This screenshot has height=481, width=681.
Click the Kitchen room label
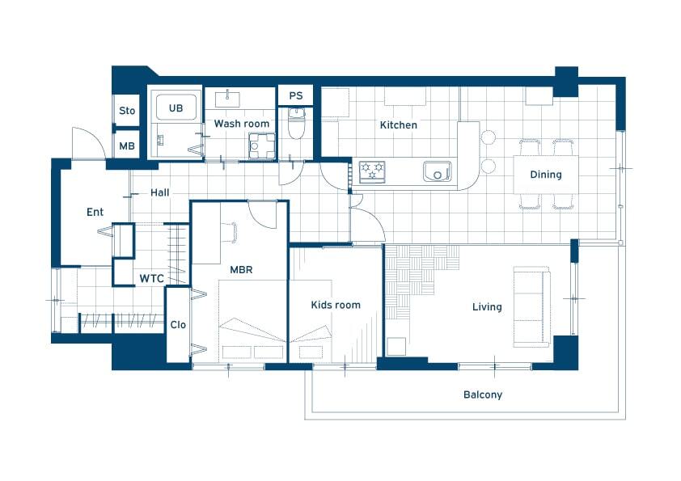398,125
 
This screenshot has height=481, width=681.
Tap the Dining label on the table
546,175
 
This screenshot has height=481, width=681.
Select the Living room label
487,307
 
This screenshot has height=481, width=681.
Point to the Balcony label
483,395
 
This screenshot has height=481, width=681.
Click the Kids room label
336,305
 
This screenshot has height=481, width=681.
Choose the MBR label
241,269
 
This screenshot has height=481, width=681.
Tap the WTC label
151,278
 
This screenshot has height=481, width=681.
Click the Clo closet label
178,325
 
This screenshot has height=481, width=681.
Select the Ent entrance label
95,212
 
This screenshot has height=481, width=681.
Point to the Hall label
160,192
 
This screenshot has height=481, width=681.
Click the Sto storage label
127,111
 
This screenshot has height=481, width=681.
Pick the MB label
127,146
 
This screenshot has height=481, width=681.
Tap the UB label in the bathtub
176,108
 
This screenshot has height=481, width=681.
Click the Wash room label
242,124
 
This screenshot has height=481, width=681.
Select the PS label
296,95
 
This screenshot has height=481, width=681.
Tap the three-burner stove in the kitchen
372,171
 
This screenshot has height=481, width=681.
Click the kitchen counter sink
438,171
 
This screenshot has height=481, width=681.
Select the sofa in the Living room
532,306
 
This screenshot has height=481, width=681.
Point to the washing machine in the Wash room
262,146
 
